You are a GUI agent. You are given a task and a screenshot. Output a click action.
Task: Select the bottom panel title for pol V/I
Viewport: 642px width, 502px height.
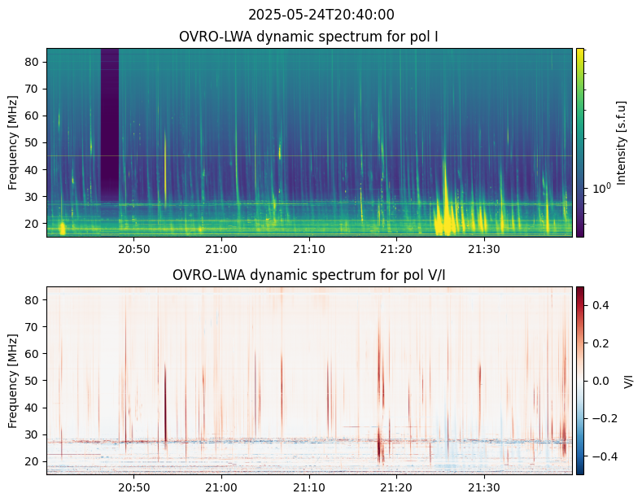(x=309, y=275)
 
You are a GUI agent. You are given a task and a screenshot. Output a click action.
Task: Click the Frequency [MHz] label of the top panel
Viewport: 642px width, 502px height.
(x=14, y=142)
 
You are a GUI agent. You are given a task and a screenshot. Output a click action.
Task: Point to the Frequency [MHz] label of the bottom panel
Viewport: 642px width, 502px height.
(x=14, y=381)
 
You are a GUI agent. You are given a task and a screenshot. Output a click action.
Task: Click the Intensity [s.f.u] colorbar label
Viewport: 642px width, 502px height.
(x=622, y=142)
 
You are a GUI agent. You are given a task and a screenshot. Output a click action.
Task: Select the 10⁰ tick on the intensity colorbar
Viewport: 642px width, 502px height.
(x=601, y=188)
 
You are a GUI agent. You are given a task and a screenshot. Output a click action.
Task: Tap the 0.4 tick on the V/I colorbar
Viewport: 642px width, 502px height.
(x=601, y=305)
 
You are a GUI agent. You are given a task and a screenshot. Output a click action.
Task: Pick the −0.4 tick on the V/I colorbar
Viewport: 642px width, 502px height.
(x=602, y=456)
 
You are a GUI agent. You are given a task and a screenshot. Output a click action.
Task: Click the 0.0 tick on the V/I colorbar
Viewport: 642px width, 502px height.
(x=601, y=381)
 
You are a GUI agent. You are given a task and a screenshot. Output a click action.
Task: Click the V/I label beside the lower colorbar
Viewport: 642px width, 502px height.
(x=629, y=381)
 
